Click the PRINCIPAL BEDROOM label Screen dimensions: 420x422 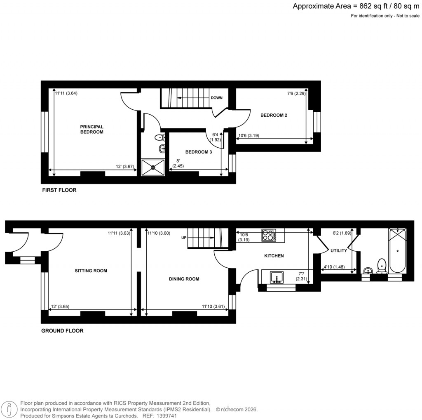91,129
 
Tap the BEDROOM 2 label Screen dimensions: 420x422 274,115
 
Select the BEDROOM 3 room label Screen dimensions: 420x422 198,152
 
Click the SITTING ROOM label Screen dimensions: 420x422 91,271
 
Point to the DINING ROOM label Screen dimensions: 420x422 184,279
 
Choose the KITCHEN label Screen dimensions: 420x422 274,256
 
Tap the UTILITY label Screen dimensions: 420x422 338,250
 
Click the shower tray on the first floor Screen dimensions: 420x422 153,168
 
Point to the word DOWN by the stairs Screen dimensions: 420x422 217,98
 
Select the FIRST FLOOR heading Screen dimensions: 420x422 59,190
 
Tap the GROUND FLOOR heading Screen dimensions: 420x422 62,330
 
